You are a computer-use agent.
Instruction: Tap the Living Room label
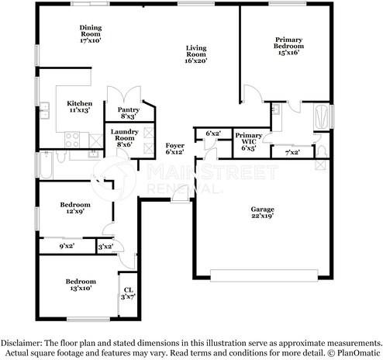pos(195,53)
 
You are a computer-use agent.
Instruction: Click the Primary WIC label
pos(249,140)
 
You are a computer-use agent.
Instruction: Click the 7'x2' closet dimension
pos(292,152)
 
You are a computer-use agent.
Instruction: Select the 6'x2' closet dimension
pos(212,134)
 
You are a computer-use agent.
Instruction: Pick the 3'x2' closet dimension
pos(105,247)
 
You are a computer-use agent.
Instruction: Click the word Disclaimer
pos(22,342)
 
